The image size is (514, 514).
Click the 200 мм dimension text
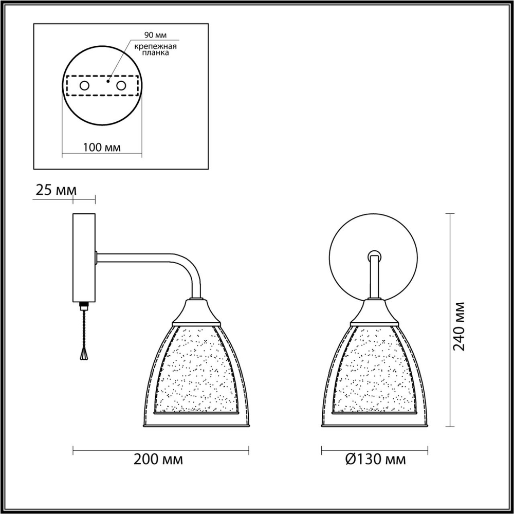[x=158, y=459]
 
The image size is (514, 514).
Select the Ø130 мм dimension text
[x=376, y=459]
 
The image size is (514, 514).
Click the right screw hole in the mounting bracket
[x=121, y=86]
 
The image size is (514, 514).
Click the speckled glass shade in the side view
[x=195, y=370]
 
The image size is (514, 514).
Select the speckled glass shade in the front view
[x=374, y=370]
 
